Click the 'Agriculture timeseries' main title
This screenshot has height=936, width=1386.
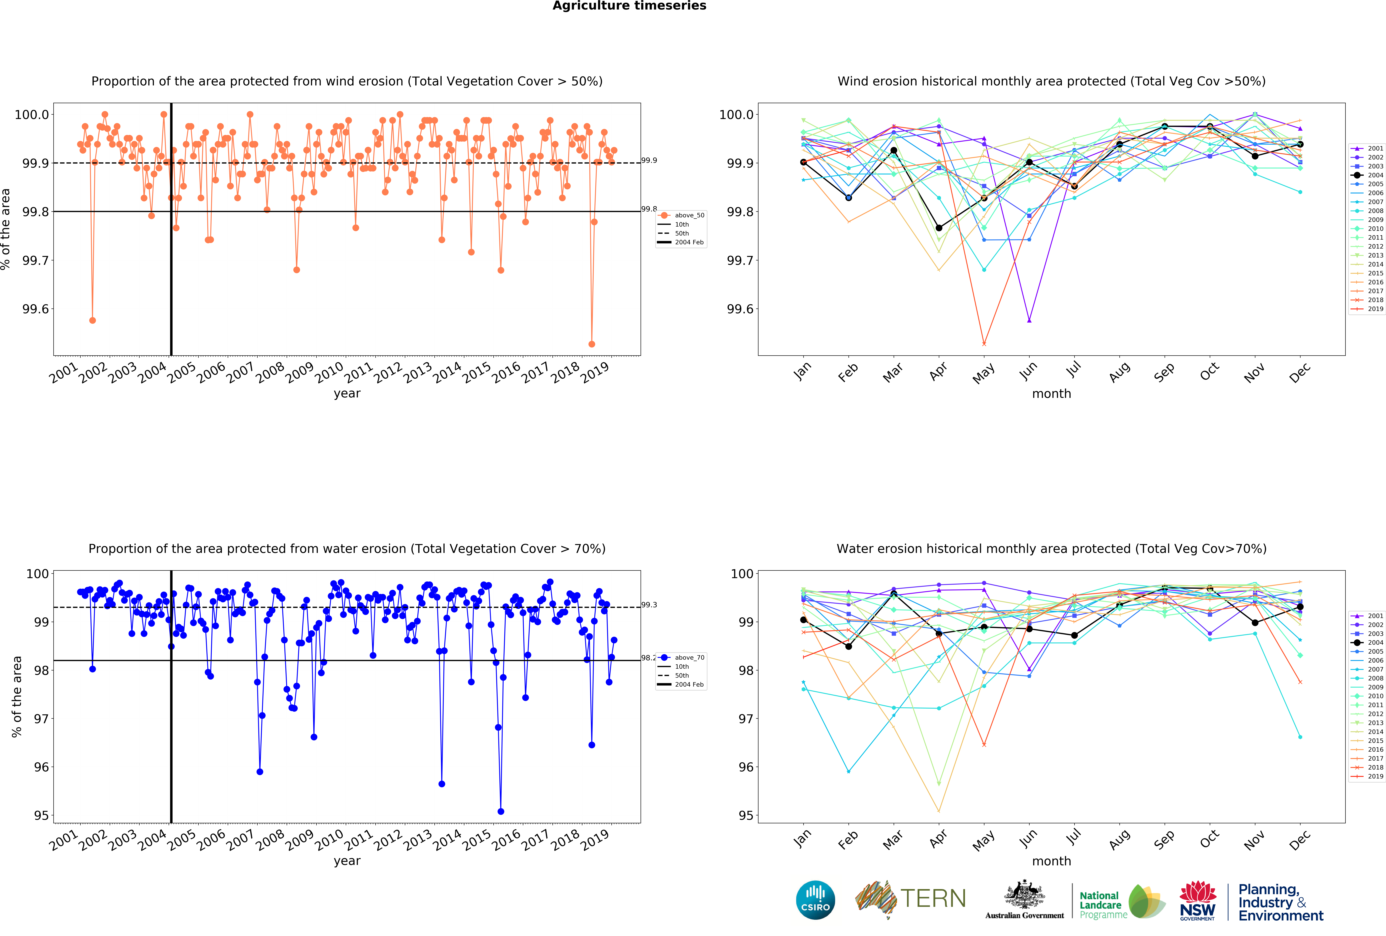point(629,6)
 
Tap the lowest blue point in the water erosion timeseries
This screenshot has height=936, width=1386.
point(501,811)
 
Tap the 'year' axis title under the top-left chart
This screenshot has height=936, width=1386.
point(347,393)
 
